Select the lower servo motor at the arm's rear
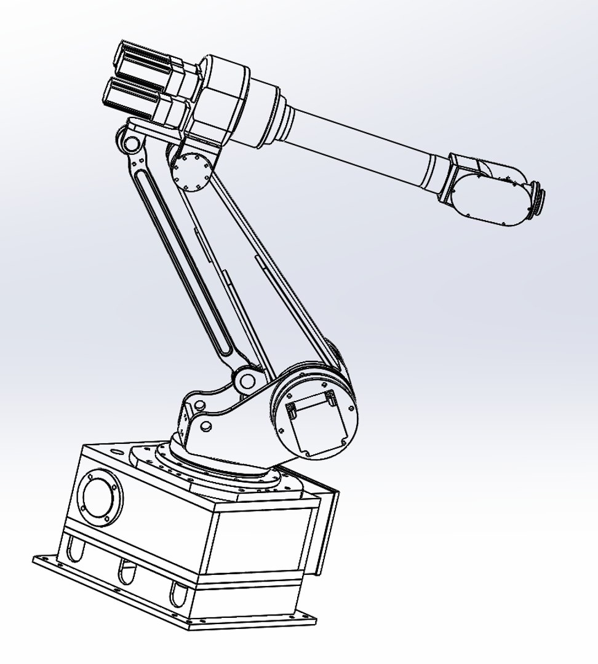pos(138,98)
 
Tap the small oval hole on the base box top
pos(116,451)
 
